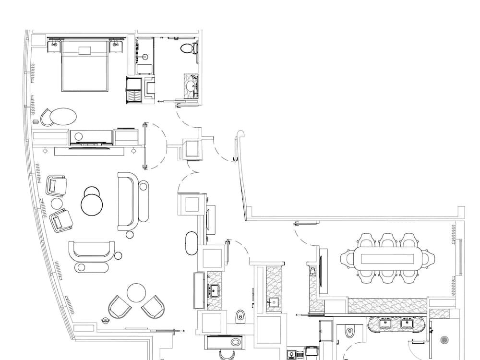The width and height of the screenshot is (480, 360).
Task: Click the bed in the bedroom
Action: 84,67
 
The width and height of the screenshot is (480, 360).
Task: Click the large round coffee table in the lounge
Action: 92,205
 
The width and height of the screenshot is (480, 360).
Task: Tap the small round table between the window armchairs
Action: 57,204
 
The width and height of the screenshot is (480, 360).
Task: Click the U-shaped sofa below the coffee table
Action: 92,251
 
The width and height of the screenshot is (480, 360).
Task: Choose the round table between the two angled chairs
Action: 136,293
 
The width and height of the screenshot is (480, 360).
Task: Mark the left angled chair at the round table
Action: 119,307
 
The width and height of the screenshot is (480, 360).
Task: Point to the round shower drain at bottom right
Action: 444,340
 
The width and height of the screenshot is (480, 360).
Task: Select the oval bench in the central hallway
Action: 191,244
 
